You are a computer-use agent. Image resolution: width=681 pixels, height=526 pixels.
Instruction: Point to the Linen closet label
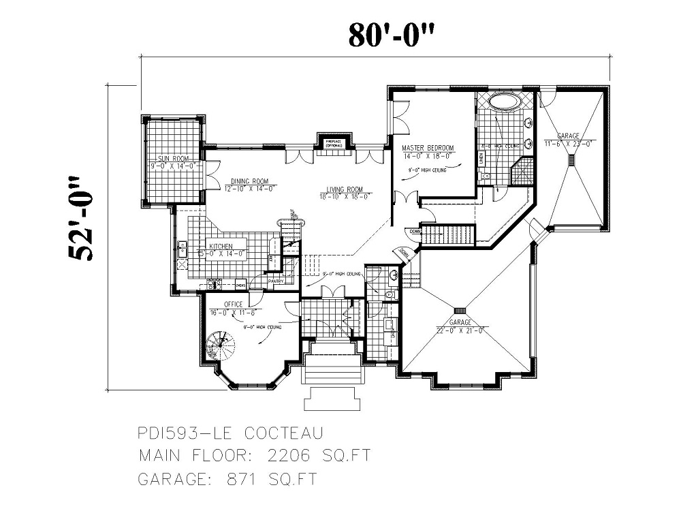(x=481, y=159)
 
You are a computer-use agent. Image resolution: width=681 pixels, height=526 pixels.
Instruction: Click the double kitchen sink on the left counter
(x=182, y=251)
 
